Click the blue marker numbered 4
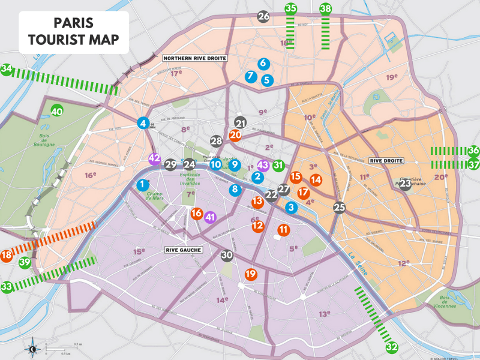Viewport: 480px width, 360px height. [x=142, y=124]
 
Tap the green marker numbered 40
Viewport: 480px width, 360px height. [x=57, y=112]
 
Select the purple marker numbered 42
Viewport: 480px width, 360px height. [x=154, y=159]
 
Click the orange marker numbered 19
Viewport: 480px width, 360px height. [x=251, y=274]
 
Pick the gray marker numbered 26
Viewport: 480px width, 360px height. [x=263, y=17]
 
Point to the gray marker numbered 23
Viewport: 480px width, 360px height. [x=405, y=184]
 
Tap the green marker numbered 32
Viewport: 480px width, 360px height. [x=392, y=347]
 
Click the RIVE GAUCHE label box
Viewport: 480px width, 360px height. [x=181, y=250]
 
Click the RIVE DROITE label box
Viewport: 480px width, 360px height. [x=386, y=161]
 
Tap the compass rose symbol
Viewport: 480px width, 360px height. [x=32, y=348]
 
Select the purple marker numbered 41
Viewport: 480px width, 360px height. [x=210, y=218]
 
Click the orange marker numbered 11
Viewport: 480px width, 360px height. [x=283, y=230]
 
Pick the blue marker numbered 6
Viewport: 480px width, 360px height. [x=262, y=63]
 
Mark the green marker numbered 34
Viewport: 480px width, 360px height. [x=7, y=70]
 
